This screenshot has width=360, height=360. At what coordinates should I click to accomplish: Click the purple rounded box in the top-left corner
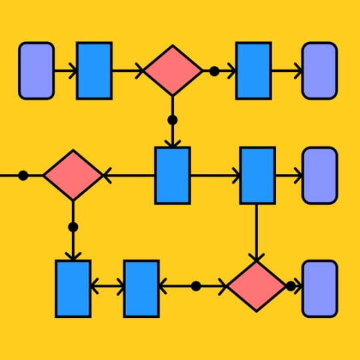click(x=36, y=71)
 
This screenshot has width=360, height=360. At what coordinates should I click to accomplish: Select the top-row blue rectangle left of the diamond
click(x=94, y=71)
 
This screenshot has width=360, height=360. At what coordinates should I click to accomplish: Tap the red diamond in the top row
click(x=173, y=71)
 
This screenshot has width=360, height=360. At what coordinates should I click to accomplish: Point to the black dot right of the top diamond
click(x=214, y=71)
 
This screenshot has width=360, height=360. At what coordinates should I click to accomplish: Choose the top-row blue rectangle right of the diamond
click(x=253, y=71)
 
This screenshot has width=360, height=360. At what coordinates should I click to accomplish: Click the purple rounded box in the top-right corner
click(x=319, y=71)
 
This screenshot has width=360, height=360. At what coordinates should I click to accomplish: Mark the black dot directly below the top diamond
click(x=173, y=120)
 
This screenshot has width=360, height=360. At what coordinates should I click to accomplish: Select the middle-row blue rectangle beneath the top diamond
click(x=173, y=175)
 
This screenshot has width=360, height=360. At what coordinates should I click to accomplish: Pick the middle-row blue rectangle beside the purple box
click(x=257, y=175)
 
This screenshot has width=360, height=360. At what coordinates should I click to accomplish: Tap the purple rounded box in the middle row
click(x=319, y=175)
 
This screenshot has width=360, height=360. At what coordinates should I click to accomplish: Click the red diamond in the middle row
click(x=73, y=175)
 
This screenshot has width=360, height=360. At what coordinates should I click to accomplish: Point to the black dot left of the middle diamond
click(x=23, y=175)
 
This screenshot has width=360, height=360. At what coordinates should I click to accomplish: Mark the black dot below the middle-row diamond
click(x=73, y=227)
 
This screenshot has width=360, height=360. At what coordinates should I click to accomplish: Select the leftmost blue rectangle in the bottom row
click(x=73, y=289)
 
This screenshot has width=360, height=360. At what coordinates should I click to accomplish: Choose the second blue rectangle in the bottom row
click(x=141, y=289)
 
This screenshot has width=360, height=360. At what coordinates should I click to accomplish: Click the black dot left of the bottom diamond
click(x=196, y=286)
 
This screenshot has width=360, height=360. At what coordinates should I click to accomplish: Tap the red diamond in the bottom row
click(x=256, y=286)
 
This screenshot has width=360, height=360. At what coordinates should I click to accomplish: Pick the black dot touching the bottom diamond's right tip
click(x=291, y=286)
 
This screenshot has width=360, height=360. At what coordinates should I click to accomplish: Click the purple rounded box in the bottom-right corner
click(x=319, y=289)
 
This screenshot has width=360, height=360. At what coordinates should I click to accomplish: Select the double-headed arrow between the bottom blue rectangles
click(x=107, y=287)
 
